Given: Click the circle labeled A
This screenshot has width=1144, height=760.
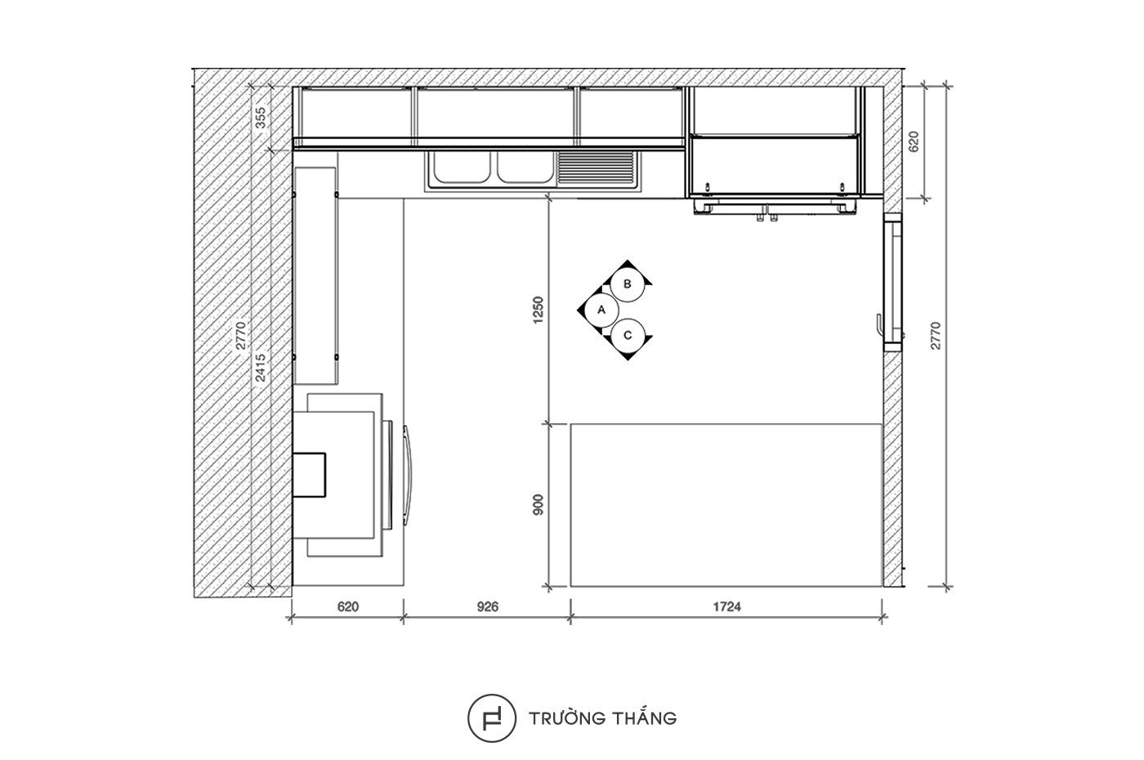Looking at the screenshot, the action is pos(601,310).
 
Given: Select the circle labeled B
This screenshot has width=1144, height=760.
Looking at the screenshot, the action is pos(628,284).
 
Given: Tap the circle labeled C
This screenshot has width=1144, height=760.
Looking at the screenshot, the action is pos(628,336).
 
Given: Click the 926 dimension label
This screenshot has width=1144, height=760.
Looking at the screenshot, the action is pos(488,606).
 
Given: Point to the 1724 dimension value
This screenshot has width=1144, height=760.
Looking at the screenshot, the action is pos(726,606).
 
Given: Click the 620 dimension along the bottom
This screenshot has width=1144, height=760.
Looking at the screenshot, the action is pos(348,606).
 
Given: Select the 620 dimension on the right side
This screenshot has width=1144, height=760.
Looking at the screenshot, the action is pos(914,141).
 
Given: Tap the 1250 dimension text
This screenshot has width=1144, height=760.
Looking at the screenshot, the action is pos(538,310).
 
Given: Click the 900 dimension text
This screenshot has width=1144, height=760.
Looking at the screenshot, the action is pos(538,505).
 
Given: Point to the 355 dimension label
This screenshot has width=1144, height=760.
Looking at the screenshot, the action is pos(261,118).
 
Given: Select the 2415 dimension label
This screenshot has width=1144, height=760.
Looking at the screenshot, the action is pos(261,368).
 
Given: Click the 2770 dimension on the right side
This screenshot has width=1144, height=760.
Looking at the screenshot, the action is pos(936,336).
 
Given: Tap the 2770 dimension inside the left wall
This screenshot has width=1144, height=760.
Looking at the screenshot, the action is pos(241,336).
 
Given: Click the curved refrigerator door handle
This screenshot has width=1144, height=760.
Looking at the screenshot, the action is pos(408,475).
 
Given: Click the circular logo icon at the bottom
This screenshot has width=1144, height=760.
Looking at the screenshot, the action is pos(491,718).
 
